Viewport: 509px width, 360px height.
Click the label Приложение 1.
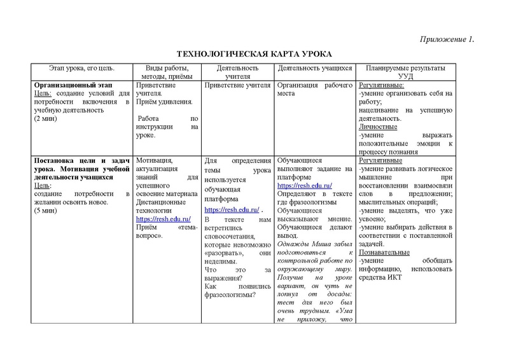[448, 40]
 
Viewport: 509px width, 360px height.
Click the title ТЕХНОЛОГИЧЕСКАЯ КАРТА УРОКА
[254, 55]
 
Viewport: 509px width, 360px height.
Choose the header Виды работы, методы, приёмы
[167, 72]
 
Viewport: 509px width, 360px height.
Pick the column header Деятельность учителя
[237, 72]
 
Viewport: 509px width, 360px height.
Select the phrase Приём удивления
[164, 101]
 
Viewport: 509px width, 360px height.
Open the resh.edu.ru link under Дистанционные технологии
[162, 218]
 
